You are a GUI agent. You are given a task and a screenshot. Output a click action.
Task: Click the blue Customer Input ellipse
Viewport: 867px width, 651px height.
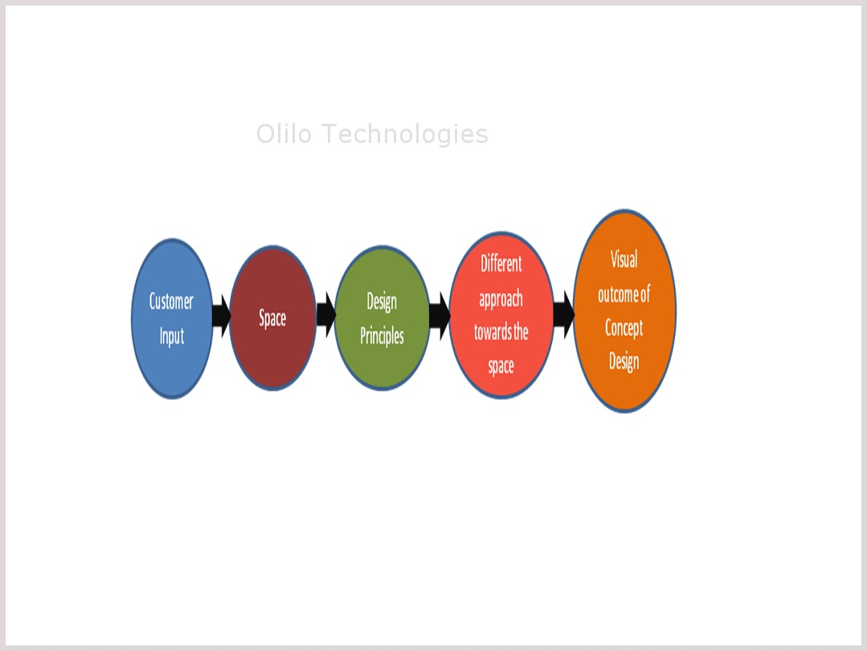click(172, 318)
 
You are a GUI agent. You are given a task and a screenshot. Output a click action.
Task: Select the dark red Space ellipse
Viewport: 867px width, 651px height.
click(272, 318)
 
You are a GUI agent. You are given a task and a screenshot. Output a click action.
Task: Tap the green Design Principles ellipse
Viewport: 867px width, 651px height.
click(382, 318)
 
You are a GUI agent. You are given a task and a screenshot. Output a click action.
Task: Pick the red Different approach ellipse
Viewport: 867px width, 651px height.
click(501, 315)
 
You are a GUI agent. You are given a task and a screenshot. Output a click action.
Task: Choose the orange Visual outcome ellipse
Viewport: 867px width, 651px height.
click(624, 311)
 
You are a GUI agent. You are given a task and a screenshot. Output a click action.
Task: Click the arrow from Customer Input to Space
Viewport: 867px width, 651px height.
click(221, 316)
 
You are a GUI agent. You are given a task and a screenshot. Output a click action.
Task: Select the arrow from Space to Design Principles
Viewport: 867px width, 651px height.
click(326, 315)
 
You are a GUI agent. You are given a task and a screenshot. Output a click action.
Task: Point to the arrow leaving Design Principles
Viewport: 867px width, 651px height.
click(440, 317)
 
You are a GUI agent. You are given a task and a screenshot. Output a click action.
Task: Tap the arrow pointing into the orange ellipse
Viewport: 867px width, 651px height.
click(564, 315)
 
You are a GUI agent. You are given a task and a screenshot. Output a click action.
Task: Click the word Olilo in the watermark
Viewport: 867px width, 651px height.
click(284, 134)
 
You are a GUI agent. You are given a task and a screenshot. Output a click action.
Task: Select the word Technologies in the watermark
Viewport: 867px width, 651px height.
click(405, 134)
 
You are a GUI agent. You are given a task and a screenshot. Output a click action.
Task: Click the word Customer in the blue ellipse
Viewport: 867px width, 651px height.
click(171, 301)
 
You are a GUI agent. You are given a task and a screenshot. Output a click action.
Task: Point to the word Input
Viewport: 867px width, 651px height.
click(172, 336)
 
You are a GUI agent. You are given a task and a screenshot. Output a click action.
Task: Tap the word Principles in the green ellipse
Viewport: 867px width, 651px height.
click(382, 336)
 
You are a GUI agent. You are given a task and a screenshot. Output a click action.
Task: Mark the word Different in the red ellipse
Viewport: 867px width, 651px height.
click(501, 264)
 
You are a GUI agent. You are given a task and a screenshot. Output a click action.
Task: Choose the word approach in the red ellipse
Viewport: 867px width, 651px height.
click(501, 299)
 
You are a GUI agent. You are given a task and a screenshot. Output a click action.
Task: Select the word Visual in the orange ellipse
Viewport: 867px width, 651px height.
click(624, 259)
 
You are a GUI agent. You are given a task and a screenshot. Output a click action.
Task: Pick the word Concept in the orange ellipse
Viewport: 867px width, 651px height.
click(624, 328)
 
